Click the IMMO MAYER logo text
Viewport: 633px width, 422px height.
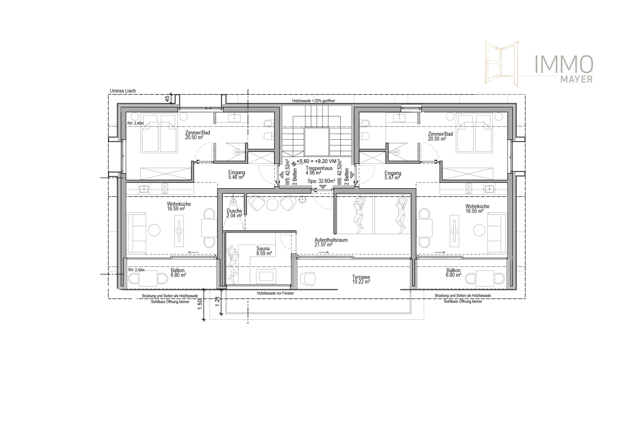click(x=563, y=69)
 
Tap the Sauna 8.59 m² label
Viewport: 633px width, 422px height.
click(x=264, y=251)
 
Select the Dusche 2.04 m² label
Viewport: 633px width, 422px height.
click(x=235, y=213)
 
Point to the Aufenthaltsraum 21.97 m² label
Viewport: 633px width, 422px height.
click(x=331, y=242)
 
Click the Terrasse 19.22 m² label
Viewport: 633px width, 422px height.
click(x=361, y=280)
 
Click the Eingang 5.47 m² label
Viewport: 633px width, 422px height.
click(x=393, y=176)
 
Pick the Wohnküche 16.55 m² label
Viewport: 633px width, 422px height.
click(x=477, y=209)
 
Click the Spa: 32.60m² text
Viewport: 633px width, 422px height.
click(x=321, y=181)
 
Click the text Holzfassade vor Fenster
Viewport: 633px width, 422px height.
click(x=275, y=293)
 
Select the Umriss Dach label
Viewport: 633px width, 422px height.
click(x=123, y=91)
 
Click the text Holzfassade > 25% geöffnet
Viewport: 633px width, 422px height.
click(x=314, y=101)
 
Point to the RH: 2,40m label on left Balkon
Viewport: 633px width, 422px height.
click(x=136, y=270)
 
